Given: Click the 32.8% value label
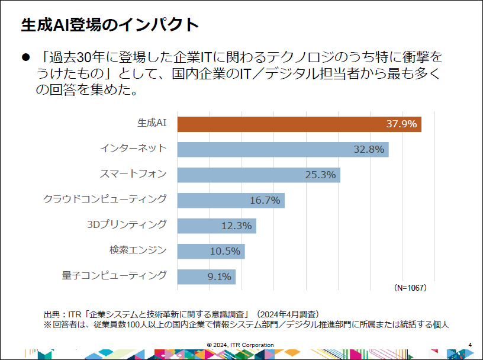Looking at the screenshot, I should tap(369, 149).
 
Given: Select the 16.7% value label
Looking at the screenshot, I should tap(265, 200).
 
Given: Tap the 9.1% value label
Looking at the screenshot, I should tap(219, 277).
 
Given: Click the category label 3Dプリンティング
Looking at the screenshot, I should tap(127, 224).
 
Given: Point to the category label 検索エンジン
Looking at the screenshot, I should tap(138, 250).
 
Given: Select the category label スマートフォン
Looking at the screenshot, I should tap(133, 173).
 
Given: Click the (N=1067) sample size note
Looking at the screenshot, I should tap(410, 288).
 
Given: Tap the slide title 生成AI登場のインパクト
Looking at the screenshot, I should tap(110, 24).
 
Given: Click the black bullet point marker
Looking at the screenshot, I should tap(25, 57).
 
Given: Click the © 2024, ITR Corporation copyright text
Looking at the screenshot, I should tap(240, 345).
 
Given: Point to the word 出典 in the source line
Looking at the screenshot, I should tap(51, 313).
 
